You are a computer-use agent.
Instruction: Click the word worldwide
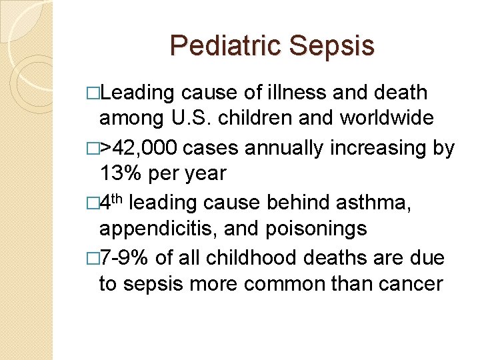click(387, 119)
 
